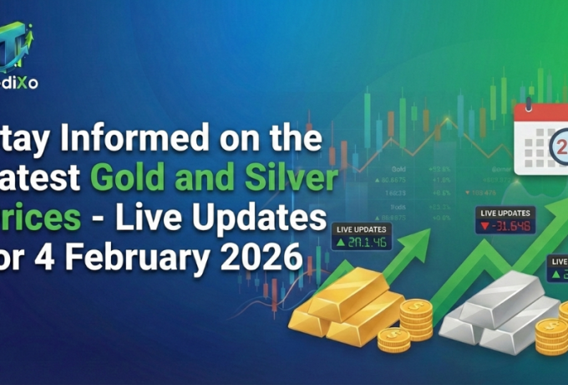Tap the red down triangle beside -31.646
point(484,227)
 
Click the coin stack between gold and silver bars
point(416,323)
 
